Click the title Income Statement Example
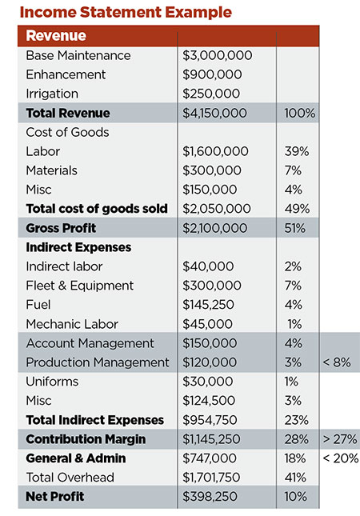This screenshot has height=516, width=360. tap(126, 12)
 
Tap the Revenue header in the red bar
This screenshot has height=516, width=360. tap(56, 35)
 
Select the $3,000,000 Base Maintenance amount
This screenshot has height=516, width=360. tap(218, 55)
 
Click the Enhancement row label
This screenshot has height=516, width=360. tap(66, 74)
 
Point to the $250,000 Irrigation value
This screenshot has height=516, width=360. tap(211, 94)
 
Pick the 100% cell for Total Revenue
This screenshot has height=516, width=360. tap(300, 113)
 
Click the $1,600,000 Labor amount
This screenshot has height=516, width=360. tap(215, 151)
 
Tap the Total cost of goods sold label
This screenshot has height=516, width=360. tap(97, 209)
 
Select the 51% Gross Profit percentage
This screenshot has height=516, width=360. tap(295, 228)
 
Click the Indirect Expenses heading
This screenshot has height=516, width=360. tap(78, 247)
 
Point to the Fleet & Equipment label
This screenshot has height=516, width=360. tap(80, 286)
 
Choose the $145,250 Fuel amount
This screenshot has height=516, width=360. tap(208, 305)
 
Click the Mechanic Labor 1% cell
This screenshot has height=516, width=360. tap(294, 324)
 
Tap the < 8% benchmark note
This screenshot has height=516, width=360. tap(337, 362)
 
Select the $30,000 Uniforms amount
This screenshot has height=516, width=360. tap(208, 382)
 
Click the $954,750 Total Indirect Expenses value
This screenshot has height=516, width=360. tap(210, 420)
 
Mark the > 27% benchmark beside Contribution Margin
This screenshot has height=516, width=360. tap(340, 439)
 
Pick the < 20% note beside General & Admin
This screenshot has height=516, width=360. tap(341, 458)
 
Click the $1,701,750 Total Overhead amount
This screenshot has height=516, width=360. tap(211, 478)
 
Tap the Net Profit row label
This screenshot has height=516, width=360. tap(55, 497)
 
